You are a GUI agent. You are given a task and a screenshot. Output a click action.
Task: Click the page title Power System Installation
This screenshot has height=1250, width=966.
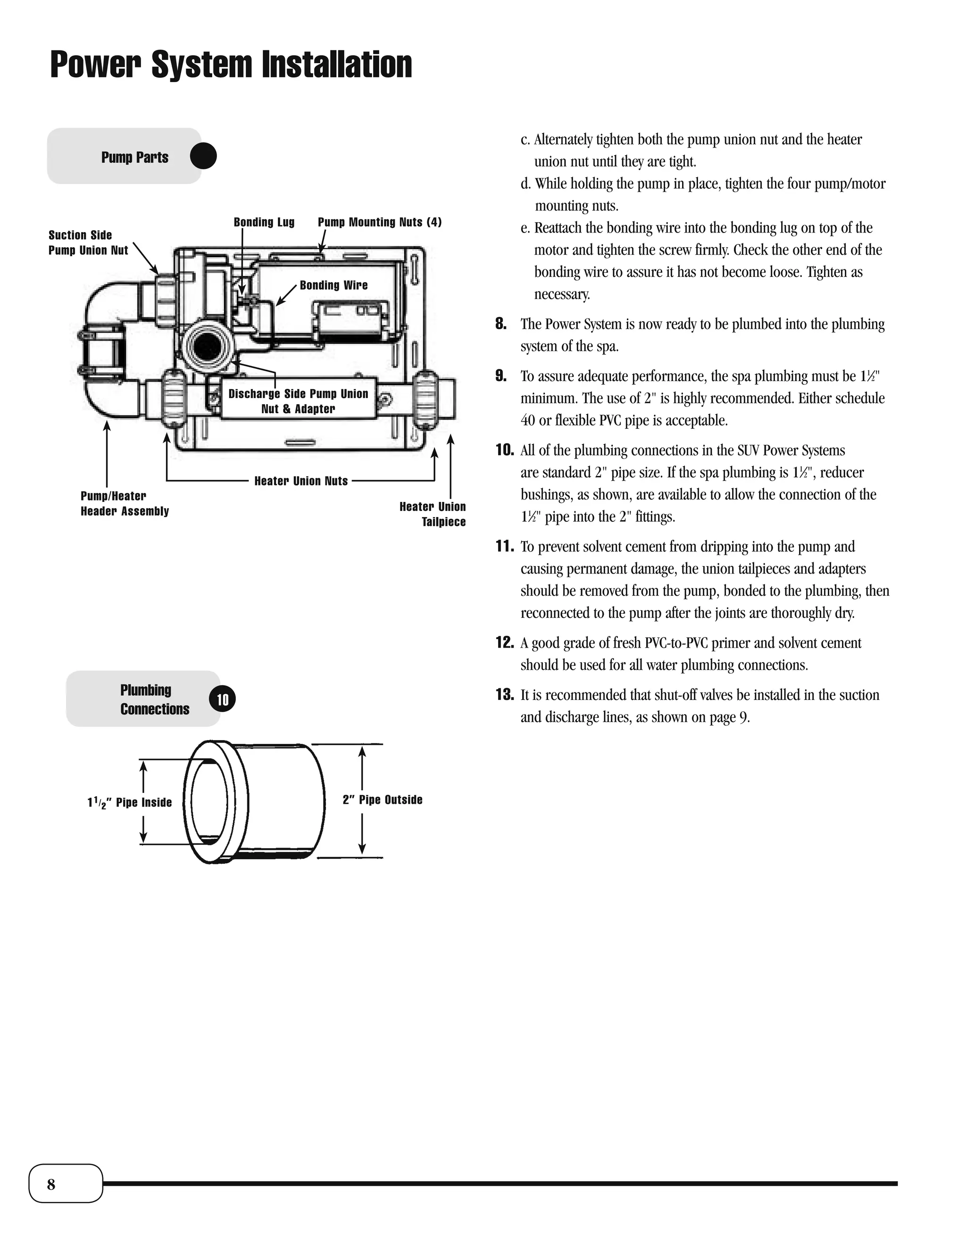[x=231, y=65]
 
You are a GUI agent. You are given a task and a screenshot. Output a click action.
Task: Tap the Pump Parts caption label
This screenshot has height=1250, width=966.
[x=134, y=158]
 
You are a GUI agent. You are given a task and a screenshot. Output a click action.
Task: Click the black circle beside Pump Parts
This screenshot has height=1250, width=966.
[x=203, y=156]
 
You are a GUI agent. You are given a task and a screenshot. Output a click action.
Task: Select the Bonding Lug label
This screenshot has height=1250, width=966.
[x=264, y=222]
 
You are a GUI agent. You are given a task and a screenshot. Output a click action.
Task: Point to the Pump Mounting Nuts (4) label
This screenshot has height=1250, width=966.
[x=379, y=222]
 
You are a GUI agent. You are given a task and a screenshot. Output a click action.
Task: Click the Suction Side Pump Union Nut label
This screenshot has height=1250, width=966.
[x=88, y=242]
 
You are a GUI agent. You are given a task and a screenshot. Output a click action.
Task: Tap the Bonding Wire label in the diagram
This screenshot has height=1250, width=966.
[x=333, y=285]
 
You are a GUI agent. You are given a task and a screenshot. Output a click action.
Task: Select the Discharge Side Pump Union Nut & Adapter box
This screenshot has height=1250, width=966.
[x=298, y=400]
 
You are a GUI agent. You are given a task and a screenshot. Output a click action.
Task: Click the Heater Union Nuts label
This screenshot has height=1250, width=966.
[x=301, y=481]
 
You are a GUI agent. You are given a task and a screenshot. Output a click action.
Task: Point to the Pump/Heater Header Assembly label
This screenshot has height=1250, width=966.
[x=124, y=504]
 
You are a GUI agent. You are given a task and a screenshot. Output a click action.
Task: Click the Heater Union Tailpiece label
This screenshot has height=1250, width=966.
[x=433, y=514]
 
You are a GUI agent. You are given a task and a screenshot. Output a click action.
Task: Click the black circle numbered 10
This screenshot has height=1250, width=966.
[x=223, y=700]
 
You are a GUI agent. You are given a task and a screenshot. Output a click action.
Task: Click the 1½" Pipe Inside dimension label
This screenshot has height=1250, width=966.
[x=129, y=802]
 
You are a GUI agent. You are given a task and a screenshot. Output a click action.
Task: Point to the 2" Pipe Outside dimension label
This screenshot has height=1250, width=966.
[x=382, y=800]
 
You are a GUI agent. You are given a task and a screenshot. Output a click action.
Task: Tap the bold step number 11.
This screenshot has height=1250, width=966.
[x=504, y=547]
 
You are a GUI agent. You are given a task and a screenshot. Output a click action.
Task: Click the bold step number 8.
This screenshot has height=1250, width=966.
[x=501, y=324]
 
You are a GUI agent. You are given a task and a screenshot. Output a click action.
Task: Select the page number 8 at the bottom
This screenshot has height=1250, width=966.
[x=51, y=1184]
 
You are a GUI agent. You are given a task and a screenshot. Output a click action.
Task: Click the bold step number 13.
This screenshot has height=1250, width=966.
[x=504, y=695]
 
